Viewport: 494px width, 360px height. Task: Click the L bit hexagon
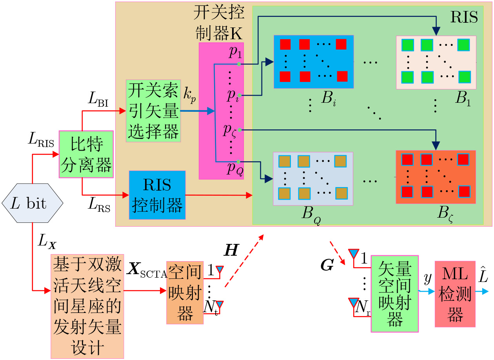pyautogui.click(x=33, y=203)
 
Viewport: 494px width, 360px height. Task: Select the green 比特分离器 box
pyautogui.click(x=86, y=154)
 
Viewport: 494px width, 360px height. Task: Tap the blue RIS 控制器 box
pyautogui.click(x=157, y=195)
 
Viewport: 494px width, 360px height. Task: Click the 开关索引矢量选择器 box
pyautogui.click(x=153, y=111)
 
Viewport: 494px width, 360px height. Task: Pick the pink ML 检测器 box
pyautogui.click(x=455, y=294)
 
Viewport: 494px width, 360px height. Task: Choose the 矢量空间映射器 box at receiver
pyautogui.click(x=395, y=294)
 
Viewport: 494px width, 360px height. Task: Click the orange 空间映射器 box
pyautogui.click(x=185, y=293)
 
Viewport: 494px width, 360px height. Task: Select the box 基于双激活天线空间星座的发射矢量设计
pyautogui.click(x=87, y=306)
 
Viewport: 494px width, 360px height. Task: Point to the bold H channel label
pyautogui.click(x=231, y=250)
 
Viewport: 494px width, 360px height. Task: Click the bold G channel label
pyautogui.click(x=327, y=265)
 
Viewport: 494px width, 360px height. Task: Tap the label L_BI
pyautogui.click(x=98, y=99)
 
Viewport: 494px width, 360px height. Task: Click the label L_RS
pyautogui.click(x=99, y=204)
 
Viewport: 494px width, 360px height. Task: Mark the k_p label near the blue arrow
pyautogui.click(x=189, y=95)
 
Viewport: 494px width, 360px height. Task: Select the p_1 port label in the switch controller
pyautogui.click(x=236, y=52)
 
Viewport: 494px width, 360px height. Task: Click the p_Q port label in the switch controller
pyautogui.click(x=235, y=169)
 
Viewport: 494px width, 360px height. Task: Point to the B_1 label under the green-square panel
pyautogui.click(x=463, y=98)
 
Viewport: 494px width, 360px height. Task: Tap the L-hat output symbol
pyautogui.click(x=483, y=275)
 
